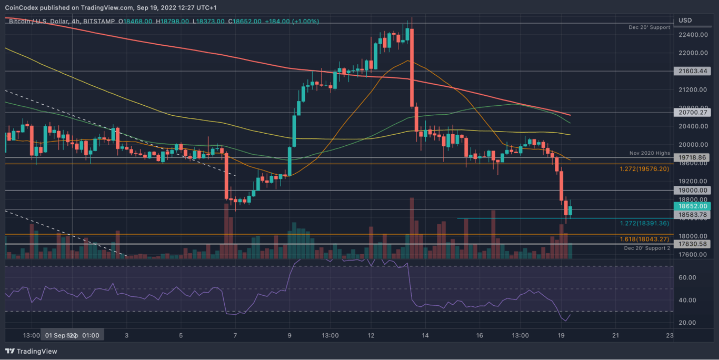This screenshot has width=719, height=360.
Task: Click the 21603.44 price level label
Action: (693, 71)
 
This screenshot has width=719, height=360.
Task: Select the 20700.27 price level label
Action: (693, 112)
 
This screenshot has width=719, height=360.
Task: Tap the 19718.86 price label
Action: (693, 157)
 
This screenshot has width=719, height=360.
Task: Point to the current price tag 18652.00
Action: (693, 206)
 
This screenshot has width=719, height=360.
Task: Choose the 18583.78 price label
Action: (693, 215)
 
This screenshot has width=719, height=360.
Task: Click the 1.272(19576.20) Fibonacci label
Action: (644, 169)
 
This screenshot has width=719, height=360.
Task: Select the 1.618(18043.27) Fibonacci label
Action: (644, 239)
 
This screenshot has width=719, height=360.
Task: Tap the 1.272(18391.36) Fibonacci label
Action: (644, 223)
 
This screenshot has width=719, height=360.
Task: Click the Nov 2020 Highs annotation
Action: (650, 153)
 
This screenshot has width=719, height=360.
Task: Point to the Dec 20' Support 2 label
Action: (647, 248)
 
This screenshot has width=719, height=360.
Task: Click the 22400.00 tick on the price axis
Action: (692, 35)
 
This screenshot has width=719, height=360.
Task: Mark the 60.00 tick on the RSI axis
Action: (687, 277)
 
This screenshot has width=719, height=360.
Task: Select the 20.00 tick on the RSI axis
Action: (687, 323)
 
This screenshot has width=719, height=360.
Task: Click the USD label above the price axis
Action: (685, 21)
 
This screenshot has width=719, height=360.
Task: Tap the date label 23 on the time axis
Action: (670, 335)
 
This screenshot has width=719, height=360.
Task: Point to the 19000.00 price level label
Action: (693, 191)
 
